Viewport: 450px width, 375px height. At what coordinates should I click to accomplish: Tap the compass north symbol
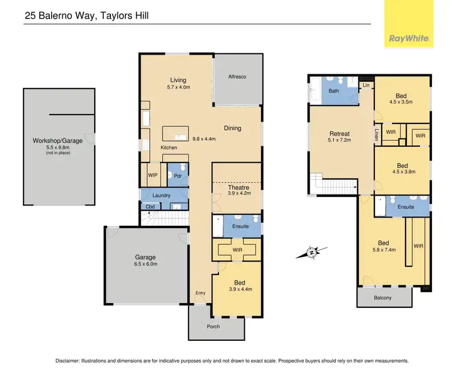312,253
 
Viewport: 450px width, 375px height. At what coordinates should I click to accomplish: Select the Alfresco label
238,77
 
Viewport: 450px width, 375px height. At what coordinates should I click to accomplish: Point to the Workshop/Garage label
57,141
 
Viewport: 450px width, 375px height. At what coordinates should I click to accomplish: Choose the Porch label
213,326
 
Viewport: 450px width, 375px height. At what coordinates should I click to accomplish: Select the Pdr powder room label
178,176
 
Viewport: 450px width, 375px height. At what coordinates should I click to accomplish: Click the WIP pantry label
153,176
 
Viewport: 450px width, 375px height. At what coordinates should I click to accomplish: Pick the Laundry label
161,195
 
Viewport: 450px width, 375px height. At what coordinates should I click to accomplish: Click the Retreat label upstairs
340,134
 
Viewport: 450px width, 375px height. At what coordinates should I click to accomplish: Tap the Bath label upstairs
333,91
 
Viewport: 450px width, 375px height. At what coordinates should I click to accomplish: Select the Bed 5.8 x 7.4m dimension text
383,250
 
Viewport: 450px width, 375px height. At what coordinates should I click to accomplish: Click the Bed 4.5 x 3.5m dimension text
402,102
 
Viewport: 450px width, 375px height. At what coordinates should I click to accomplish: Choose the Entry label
200,292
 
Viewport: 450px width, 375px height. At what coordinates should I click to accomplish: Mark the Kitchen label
169,147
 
